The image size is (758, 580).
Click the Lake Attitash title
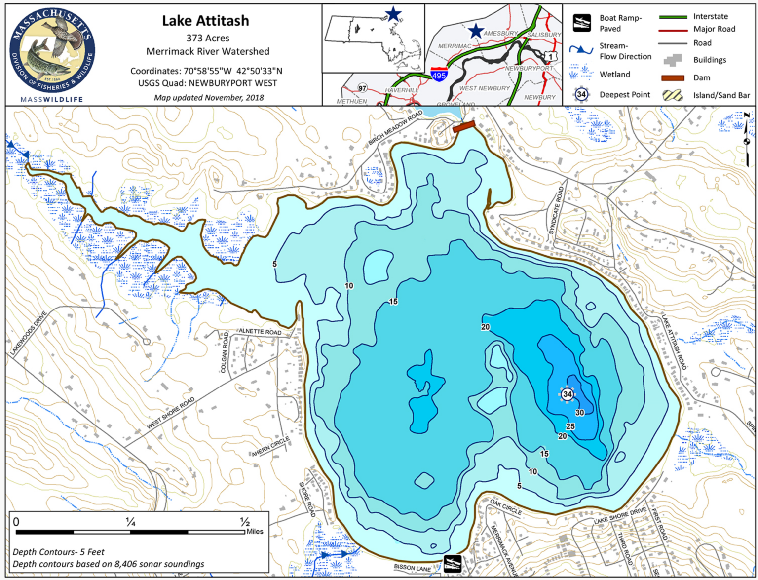click(x=205, y=21)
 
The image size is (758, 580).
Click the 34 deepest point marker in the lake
click(x=568, y=394)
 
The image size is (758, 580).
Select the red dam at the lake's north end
click(x=463, y=126)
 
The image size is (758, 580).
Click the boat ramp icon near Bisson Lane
click(x=453, y=563)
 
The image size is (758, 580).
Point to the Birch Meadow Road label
click(x=395, y=128)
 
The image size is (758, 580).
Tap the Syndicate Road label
click(x=556, y=210)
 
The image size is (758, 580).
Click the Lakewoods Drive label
click(x=28, y=333)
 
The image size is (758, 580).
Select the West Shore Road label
click(x=170, y=413)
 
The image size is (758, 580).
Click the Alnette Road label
click(x=260, y=332)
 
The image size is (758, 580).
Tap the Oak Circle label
click(x=505, y=507)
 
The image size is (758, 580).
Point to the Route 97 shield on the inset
click(x=363, y=88)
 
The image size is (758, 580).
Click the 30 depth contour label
click(x=579, y=413)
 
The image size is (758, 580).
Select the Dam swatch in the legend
click(x=672, y=77)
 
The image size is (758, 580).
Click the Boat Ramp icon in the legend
click(x=582, y=23)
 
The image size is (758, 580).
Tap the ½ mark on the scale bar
click(x=245, y=522)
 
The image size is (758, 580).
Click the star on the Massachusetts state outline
click(x=393, y=14)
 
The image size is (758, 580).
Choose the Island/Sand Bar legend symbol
click(x=672, y=95)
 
